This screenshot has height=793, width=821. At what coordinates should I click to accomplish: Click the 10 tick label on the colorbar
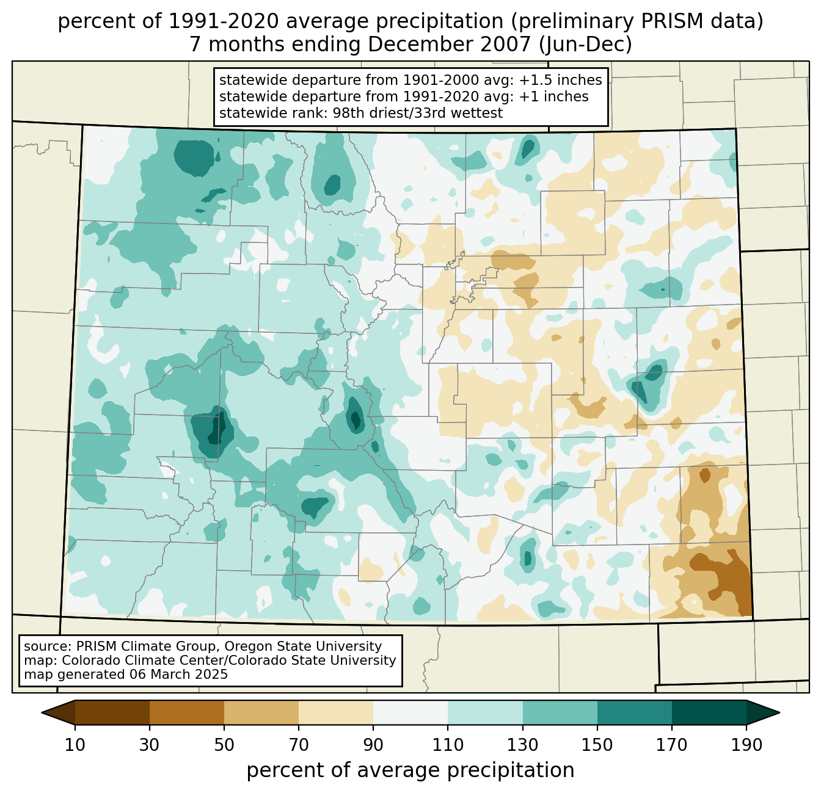75,745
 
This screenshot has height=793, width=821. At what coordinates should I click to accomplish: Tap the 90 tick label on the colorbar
373,745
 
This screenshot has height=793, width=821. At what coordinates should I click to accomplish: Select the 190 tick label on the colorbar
746,745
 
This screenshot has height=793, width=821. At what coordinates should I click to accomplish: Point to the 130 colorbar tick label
522,745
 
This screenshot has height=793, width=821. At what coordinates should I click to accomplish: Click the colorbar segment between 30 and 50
187,712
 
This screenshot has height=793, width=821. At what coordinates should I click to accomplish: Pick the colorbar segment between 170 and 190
709,712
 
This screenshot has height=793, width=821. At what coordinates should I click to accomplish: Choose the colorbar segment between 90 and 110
410,712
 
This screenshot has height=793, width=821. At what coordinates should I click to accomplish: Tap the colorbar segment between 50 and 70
261,712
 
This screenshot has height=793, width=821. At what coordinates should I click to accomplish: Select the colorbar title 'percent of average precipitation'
410,770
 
